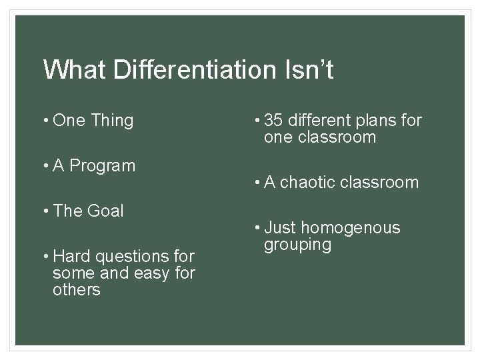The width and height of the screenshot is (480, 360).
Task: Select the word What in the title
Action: click(72, 70)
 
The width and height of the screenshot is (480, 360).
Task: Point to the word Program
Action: click(103, 165)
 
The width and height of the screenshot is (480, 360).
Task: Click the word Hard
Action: click(67, 256)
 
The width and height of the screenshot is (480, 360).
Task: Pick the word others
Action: click(76, 290)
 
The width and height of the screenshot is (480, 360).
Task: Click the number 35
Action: click(273, 121)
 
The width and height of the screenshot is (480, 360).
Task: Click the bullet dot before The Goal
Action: click(46, 211)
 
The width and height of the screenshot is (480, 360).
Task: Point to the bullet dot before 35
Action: click(258, 121)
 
